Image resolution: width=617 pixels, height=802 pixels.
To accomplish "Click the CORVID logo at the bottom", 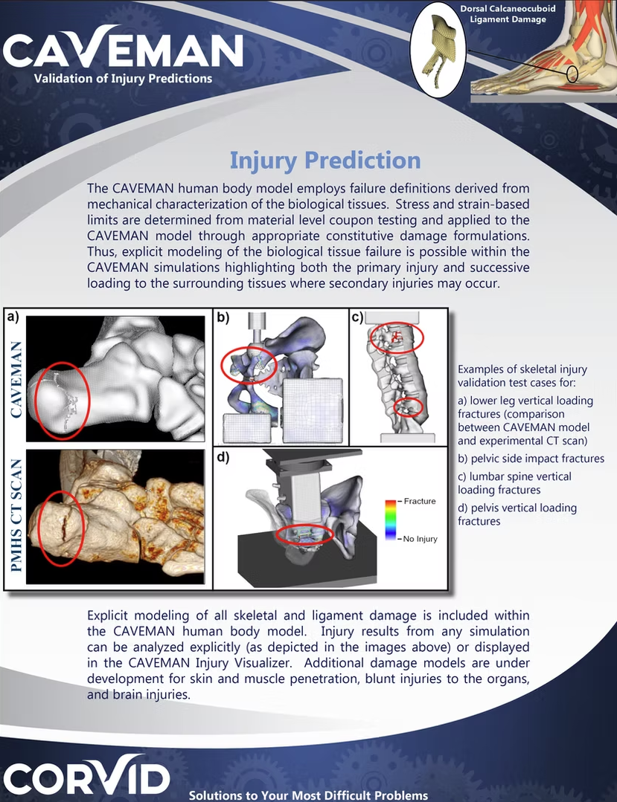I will click(85, 775).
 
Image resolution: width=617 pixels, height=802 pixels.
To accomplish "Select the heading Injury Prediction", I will click(325, 160).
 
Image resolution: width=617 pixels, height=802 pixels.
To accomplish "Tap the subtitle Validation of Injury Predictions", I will click(123, 78).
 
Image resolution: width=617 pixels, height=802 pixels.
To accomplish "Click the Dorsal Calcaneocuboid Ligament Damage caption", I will click(508, 13).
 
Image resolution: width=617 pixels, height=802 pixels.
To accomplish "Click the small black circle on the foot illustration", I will click(572, 74).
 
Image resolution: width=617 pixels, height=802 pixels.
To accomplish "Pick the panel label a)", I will click(13, 317).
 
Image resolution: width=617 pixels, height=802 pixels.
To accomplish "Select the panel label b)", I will click(223, 318).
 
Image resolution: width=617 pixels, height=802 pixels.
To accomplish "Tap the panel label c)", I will click(357, 318).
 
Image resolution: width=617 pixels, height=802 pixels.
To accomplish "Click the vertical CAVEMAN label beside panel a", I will click(15, 379).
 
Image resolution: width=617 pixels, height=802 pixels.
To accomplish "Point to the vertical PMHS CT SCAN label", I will click(15, 517).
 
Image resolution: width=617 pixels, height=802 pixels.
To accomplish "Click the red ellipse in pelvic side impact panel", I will click(249, 365).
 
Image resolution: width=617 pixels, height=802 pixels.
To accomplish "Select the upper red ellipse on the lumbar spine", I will click(396, 338).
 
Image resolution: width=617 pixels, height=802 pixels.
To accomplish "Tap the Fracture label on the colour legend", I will click(419, 501).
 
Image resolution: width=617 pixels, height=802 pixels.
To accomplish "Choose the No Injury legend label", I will click(420, 538).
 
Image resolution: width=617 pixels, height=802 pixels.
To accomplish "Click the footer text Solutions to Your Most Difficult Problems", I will click(308, 795).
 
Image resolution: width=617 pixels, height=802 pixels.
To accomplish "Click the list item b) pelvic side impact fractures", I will click(531, 459).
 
